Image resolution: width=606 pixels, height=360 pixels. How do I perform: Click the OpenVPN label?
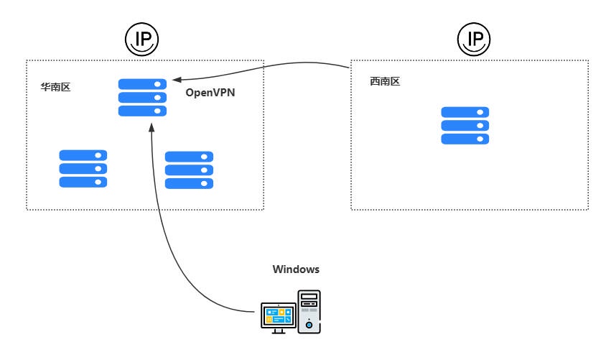(210, 93)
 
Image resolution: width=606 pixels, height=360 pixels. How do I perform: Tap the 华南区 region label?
(55, 87)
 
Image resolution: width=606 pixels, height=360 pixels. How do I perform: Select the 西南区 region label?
(384, 82)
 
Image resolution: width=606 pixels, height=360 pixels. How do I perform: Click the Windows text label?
(296, 269)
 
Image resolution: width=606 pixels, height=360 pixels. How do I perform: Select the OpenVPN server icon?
(142, 98)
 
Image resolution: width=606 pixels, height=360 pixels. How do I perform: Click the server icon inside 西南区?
(465, 126)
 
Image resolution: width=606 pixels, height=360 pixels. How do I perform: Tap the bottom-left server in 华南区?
(83, 169)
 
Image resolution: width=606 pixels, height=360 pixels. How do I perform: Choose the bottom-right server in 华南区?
(189, 170)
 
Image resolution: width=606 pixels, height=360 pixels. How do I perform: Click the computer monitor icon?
(278, 317)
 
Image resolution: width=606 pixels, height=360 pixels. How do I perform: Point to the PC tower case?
(309, 310)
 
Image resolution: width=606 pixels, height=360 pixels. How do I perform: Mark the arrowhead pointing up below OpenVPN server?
(150, 126)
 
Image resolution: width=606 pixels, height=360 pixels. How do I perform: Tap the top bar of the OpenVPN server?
(142, 84)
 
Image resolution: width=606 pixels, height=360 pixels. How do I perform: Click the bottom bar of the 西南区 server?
(465, 139)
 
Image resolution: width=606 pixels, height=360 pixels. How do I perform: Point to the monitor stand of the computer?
(278, 330)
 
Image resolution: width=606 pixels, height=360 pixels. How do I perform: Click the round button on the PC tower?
(309, 325)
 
